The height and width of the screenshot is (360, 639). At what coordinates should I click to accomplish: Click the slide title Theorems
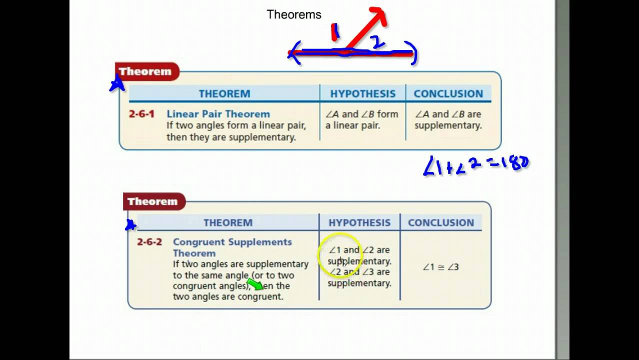tap(294, 14)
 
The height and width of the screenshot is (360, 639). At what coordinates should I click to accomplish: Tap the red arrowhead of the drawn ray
tap(378, 16)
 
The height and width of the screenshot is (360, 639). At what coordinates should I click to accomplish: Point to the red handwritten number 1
tap(335, 32)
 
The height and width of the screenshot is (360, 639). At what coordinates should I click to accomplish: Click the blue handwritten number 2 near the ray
tap(378, 42)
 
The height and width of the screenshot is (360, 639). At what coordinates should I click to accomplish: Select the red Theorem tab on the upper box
tap(145, 71)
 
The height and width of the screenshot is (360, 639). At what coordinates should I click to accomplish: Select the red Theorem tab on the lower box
tap(153, 201)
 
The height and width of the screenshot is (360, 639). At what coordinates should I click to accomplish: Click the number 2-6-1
tap(141, 114)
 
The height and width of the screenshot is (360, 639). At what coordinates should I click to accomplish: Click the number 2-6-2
tap(149, 242)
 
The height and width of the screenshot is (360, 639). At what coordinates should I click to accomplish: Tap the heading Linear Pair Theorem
tap(218, 114)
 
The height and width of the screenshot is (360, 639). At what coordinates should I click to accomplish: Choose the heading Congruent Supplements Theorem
tap(232, 247)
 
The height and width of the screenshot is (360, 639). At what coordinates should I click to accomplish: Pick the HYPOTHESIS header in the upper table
tap(362, 94)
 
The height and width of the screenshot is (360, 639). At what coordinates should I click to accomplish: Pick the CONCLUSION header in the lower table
tap(440, 223)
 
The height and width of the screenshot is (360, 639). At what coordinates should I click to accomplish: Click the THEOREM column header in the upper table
tap(224, 94)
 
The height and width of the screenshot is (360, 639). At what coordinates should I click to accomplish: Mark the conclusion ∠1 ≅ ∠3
tap(440, 267)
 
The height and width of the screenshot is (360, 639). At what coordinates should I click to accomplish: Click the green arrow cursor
tap(255, 284)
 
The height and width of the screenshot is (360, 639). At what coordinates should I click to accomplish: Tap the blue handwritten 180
tap(515, 164)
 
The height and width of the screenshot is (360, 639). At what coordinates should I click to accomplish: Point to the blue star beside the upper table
tap(117, 84)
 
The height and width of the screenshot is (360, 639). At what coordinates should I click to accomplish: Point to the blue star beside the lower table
tap(130, 225)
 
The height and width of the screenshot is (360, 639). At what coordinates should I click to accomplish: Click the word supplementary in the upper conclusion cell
tap(448, 125)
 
